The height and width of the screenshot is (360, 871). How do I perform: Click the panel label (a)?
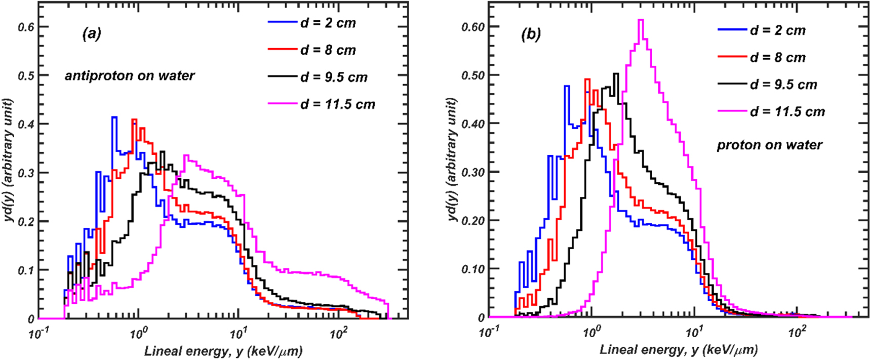tap(92, 34)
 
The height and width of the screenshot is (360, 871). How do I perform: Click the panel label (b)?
tap(531, 34)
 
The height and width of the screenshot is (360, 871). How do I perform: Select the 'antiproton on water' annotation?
tap(130, 76)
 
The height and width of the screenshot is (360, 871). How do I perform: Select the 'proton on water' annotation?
tap(769, 145)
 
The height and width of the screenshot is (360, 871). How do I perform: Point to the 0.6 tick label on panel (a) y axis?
tap(26, 27)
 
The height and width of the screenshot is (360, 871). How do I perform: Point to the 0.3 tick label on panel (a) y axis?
tap(26, 173)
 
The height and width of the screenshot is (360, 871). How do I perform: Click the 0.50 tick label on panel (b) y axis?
tap(472, 75)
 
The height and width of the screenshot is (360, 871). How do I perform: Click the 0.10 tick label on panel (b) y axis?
tap(472, 269)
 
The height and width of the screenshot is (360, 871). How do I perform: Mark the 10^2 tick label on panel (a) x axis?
tap(338, 334)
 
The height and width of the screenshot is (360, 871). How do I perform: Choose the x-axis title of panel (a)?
tap(223, 351)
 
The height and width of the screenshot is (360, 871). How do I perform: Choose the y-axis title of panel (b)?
tap(452, 159)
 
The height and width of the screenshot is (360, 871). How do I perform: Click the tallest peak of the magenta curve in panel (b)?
tap(641, 20)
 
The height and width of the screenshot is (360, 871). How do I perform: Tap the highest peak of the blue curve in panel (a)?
tap(114, 117)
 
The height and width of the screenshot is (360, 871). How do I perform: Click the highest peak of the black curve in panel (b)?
tap(616, 74)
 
